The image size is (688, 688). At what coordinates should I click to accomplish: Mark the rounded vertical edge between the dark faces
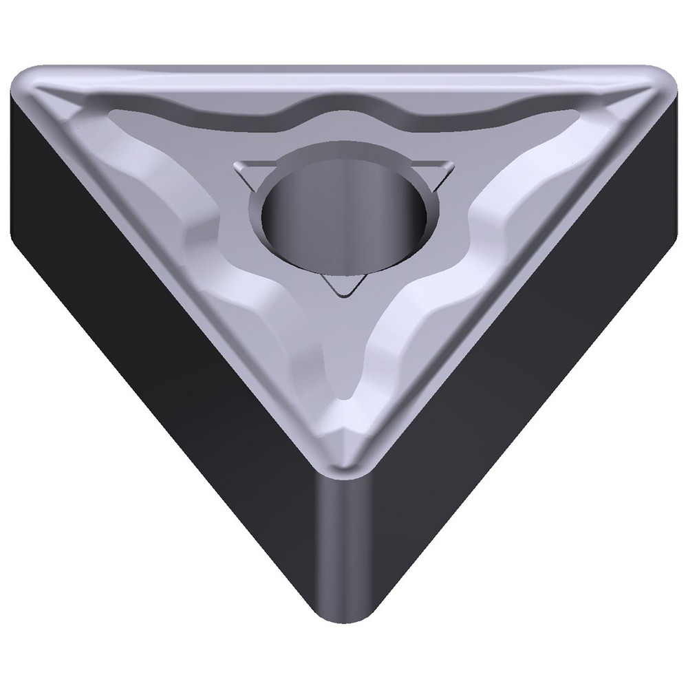click(342, 550)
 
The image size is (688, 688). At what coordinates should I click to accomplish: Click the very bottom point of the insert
click(342, 623)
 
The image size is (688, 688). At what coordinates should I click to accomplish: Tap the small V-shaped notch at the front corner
click(342, 433)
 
